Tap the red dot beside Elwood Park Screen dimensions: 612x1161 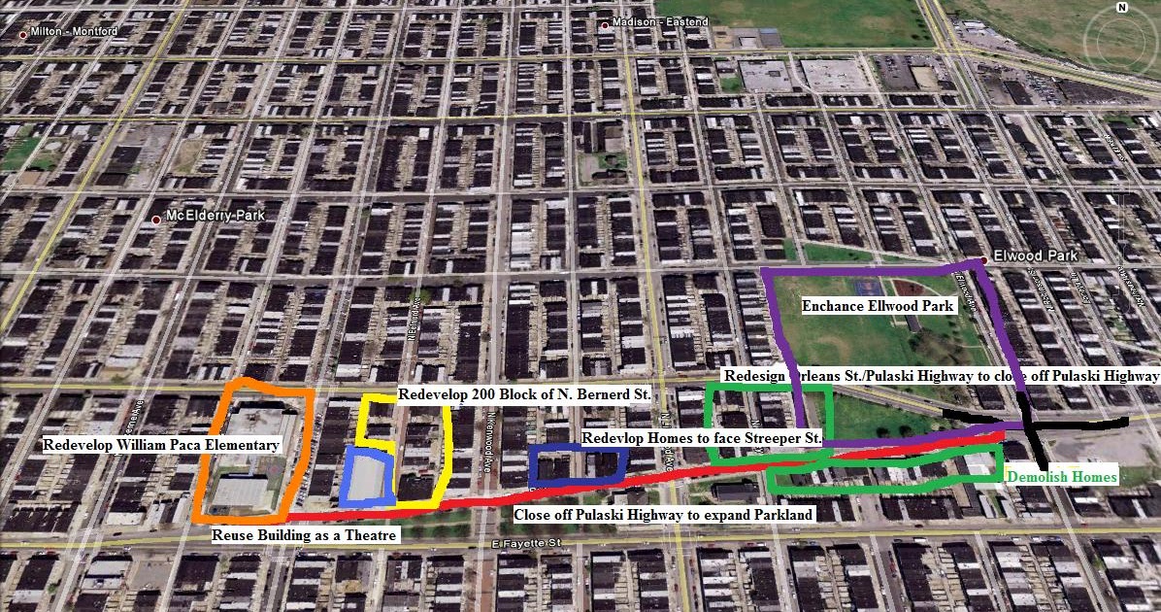984,259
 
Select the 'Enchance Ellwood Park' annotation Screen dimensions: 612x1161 878,305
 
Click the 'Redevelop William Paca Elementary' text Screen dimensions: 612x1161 161,445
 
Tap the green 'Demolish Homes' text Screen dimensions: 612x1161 1062,477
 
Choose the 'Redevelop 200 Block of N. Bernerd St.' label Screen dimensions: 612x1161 523,395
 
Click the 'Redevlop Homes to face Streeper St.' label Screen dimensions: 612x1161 701,438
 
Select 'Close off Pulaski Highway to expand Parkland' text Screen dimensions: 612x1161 663,514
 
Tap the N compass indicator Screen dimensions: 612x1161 1122,8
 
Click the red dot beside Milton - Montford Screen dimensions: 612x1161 23,35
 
